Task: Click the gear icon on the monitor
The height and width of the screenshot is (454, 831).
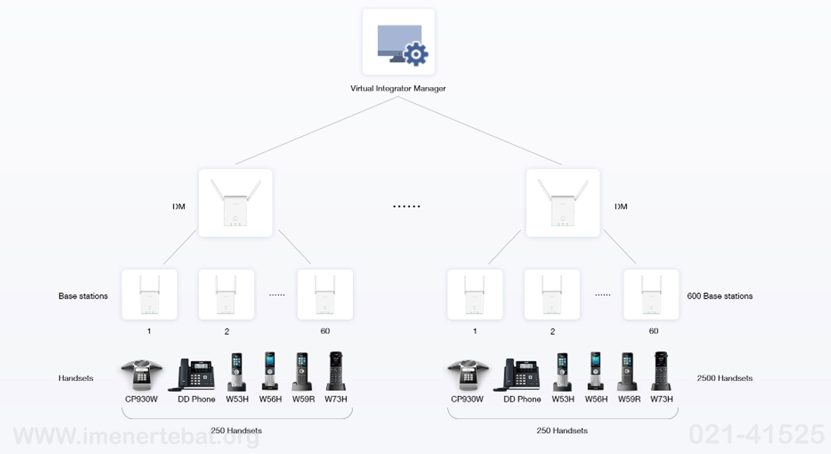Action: pos(415,54)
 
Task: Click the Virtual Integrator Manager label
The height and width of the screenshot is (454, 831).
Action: pos(398,89)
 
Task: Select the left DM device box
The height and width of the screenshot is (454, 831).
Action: pos(235,203)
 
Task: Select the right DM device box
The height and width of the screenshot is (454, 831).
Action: pos(563,203)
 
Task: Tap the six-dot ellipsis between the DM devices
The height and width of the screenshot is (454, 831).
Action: pos(406,206)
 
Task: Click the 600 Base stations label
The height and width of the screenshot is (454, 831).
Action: pos(720,296)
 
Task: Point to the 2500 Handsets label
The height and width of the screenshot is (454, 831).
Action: pos(725,378)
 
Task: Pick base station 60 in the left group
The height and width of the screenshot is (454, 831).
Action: pos(325,294)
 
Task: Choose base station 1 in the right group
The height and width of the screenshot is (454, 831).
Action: pos(475,294)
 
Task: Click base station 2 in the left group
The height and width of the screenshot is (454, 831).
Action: pos(226,294)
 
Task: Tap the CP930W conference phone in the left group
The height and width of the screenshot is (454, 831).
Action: pos(142,375)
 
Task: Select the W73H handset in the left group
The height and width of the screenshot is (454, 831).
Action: pos(336,371)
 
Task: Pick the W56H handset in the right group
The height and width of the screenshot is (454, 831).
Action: pos(595,371)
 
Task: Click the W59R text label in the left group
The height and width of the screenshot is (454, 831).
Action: pos(303,399)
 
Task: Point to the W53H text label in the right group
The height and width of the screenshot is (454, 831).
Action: pos(563,399)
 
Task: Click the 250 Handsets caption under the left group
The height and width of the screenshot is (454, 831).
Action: pos(236,431)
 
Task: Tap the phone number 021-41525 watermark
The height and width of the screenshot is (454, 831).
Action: pos(756,435)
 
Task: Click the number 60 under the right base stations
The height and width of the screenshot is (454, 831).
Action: pos(653,331)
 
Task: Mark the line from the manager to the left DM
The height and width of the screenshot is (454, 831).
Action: pos(316,130)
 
